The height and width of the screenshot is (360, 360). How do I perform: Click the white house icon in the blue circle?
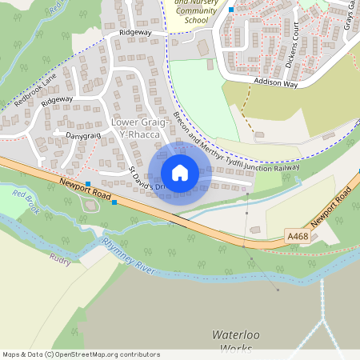180,173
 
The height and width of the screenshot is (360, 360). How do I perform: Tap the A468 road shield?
297,237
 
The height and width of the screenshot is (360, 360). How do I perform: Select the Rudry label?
60,258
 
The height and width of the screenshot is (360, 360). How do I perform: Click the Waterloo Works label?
236,340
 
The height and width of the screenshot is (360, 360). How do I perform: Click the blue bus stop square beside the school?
231,10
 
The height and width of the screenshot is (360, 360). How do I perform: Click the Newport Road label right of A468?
332,207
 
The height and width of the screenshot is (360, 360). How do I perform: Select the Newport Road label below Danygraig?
84,193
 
